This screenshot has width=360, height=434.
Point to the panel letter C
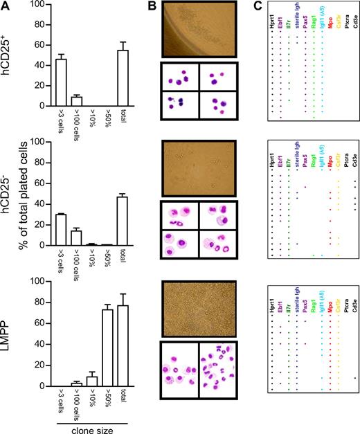pos(255,6)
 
